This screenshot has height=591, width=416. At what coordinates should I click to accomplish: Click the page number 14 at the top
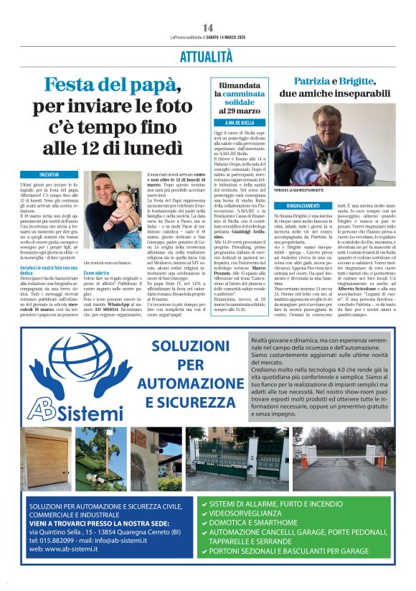click(207, 28)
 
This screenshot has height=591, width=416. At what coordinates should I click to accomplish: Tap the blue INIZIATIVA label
click(49, 174)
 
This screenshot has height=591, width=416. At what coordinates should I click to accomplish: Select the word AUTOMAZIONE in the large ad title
click(186, 384)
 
